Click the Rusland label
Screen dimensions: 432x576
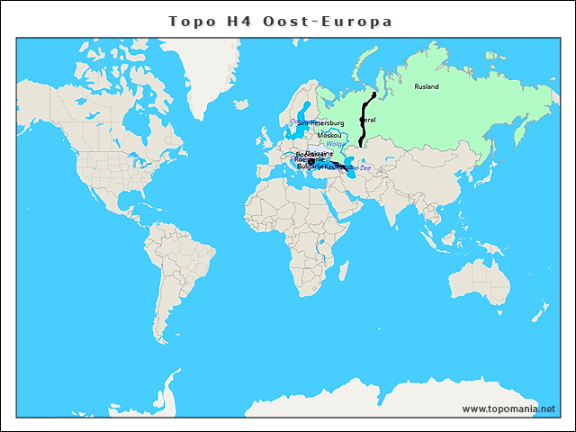(427, 86)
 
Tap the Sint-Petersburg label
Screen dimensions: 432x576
(321, 122)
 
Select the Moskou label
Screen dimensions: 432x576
(329, 135)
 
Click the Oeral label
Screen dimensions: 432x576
(368, 120)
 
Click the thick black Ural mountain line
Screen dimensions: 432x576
(364, 126)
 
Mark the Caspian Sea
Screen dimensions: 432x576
(350, 170)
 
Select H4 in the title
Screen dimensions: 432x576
(239, 21)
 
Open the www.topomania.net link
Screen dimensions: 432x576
(508, 409)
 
